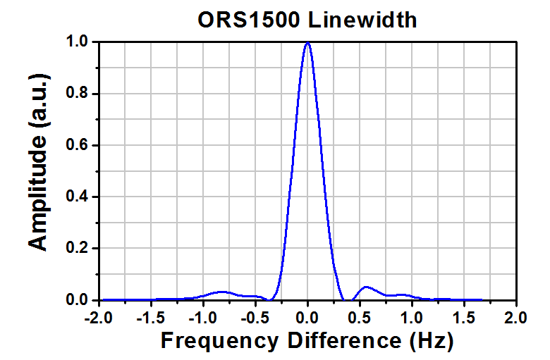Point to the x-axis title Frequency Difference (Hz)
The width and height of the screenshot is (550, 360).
[307, 341]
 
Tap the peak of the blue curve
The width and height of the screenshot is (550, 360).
[307, 43]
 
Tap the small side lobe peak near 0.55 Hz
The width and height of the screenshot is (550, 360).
[366, 287]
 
